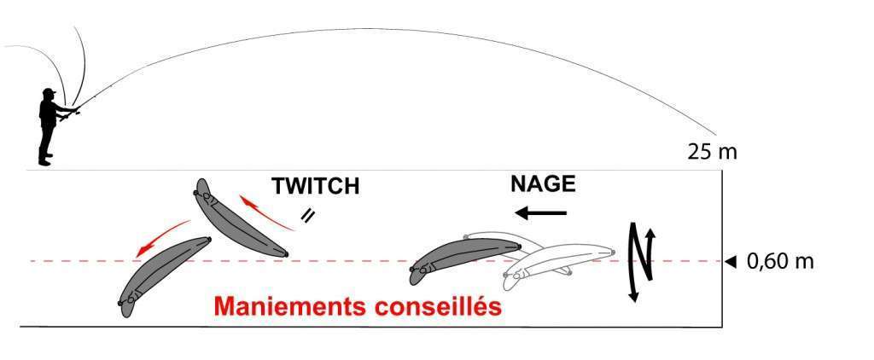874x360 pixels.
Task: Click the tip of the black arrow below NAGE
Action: point(515,212)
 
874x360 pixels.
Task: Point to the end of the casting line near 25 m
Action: point(715,135)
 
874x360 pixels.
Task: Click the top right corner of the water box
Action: point(722,170)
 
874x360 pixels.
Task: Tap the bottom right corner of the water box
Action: point(722,327)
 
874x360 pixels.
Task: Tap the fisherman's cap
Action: point(49,90)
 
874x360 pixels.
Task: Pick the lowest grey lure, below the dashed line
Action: point(165,276)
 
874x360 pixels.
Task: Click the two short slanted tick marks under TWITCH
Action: point(306,215)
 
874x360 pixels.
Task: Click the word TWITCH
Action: point(316,187)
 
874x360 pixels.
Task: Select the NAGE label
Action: point(543,184)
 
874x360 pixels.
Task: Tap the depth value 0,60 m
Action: point(780,261)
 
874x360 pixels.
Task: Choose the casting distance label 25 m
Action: point(713,152)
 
